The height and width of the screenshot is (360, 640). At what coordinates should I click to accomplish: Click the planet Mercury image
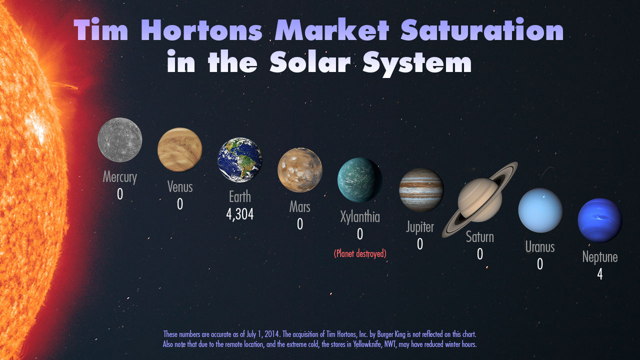point(119,140)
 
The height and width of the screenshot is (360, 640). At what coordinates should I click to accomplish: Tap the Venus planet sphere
point(179,149)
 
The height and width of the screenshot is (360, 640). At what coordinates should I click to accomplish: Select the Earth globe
point(239,159)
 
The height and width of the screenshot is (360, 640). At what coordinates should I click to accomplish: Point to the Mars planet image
point(299,169)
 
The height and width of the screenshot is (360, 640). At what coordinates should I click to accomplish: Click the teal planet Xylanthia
point(359,179)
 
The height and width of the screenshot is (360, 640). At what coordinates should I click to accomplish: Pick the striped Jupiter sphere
point(421,189)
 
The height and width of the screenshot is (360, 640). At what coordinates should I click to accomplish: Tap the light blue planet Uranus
point(540,210)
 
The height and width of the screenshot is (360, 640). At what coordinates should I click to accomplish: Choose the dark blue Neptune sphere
point(599,220)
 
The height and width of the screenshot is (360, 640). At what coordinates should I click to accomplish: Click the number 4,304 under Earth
point(239,214)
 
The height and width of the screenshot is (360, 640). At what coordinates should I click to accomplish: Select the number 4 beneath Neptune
point(599,274)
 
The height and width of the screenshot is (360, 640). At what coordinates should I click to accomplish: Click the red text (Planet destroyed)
point(360,253)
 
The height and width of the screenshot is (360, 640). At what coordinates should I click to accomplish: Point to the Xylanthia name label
point(360,217)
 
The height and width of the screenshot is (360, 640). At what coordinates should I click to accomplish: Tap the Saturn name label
point(480,237)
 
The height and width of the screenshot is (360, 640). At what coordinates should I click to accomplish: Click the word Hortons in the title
point(201,30)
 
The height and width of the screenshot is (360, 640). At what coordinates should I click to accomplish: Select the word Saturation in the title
point(482,29)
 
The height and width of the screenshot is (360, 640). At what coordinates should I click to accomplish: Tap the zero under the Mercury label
point(120,194)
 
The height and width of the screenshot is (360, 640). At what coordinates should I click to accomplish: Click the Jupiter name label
point(420,227)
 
